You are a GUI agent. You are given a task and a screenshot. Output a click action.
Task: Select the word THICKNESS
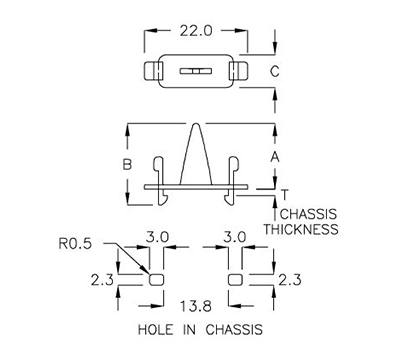(300, 229)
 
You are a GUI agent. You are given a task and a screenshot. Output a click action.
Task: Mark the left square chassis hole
(156, 279)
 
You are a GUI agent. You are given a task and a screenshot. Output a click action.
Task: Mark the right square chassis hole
(236, 279)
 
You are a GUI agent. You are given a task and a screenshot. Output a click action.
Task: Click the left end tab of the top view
(153, 72)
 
